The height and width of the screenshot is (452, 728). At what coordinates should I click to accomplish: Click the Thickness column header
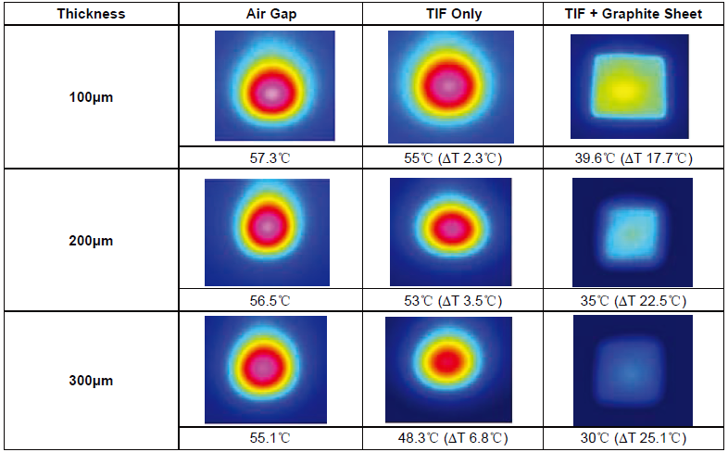click(x=91, y=14)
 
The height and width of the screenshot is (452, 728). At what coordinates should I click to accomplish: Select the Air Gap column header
click(x=271, y=14)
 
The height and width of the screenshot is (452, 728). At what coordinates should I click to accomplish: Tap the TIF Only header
click(x=454, y=14)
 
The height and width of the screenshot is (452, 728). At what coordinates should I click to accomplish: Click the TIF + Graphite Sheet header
click(x=634, y=14)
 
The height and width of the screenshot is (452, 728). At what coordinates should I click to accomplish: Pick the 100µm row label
click(x=91, y=97)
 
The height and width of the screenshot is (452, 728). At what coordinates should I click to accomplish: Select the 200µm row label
click(x=91, y=241)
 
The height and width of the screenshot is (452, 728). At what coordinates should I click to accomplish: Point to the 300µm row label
click(x=91, y=381)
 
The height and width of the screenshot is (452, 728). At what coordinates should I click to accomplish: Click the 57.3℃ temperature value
click(x=270, y=158)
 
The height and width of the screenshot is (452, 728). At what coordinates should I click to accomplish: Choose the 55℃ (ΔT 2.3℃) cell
click(x=453, y=158)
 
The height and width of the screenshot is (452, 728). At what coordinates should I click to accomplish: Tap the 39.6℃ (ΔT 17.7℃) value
click(x=634, y=158)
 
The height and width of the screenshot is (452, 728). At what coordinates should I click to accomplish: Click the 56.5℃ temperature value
click(x=270, y=301)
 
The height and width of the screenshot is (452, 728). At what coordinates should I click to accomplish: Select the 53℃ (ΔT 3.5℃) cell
click(x=453, y=301)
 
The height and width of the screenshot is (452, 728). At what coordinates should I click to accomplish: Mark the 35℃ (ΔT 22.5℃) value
click(x=634, y=301)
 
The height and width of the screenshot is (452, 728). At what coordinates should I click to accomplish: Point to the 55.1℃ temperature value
click(x=270, y=437)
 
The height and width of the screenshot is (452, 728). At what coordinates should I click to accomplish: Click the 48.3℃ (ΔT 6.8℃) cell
click(x=453, y=437)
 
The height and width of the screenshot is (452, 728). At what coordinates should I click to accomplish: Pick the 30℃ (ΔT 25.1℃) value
click(x=634, y=437)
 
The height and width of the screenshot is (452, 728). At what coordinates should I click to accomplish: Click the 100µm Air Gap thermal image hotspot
click(x=272, y=94)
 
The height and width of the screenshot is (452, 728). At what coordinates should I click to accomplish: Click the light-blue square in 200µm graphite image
click(x=632, y=233)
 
